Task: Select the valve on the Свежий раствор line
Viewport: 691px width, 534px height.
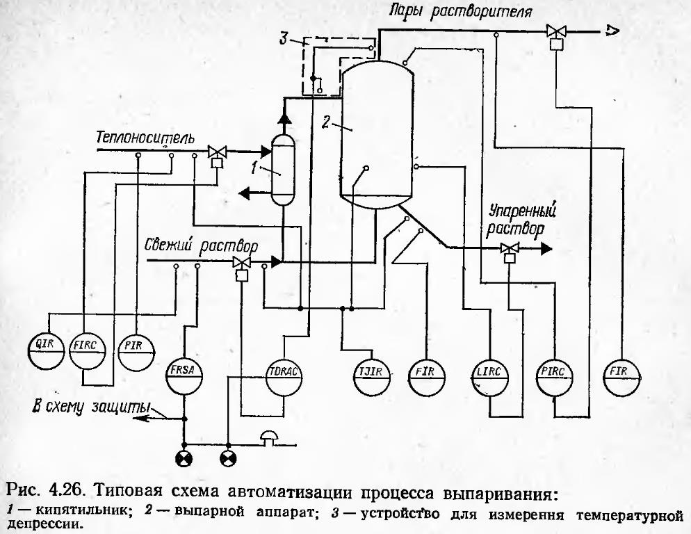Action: pos(242,262)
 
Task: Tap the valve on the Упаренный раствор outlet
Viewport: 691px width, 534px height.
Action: pos(510,248)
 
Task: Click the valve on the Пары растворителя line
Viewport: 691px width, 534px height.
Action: pos(555,32)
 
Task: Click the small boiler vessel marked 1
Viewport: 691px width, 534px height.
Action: pos(282,170)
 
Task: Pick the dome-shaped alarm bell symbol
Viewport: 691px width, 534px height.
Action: pos(268,437)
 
